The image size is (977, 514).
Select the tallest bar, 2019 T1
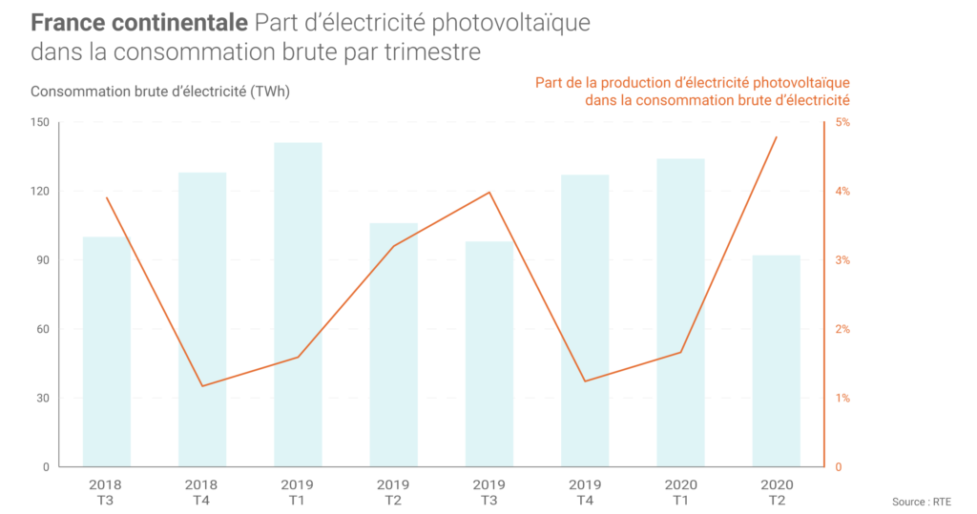click(x=298, y=304)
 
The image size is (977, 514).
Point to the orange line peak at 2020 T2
click(x=776, y=137)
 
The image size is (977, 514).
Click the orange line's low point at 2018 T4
click(x=202, y=386)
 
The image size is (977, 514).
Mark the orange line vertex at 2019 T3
click(x=489, y=193)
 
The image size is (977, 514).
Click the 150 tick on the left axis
click(x=39, y=123)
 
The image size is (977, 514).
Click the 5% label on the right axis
click(x=843, y=123)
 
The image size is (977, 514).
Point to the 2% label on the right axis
click(x=843, y=330)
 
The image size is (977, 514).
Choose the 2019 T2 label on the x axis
click(x=393, y=492)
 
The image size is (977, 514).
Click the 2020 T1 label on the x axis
click(x=680, y=492)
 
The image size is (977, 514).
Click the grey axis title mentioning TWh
click(x=160, y=93)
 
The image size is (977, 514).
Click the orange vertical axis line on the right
click(x=823, y=295)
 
